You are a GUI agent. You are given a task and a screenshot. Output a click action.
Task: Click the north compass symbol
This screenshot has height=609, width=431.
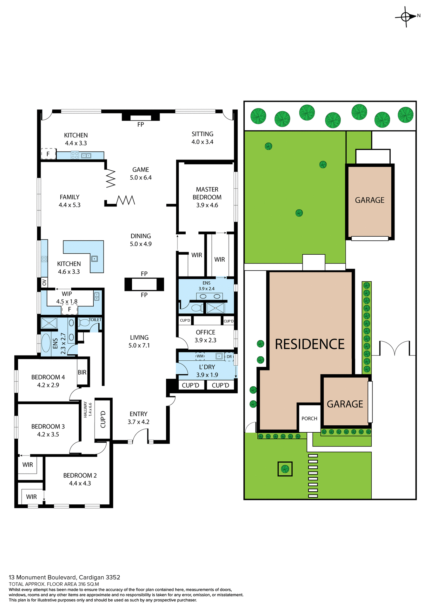(406, 16)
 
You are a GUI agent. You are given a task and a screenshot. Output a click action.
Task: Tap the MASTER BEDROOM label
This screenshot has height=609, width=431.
(207, 197)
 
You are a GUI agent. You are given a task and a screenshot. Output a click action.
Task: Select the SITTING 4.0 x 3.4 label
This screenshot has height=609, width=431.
(202, 138)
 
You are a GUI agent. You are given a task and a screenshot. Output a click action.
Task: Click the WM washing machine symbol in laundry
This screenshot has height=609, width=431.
(200, 356)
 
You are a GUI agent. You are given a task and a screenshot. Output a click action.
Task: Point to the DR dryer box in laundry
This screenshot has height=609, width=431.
(229, 357)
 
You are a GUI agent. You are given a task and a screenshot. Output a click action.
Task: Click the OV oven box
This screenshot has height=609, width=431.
(44, 282)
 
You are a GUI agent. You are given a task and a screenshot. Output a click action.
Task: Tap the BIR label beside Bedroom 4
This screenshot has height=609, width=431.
(82, 372)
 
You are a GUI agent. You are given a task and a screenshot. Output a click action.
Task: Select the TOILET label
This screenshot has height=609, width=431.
(95, 320)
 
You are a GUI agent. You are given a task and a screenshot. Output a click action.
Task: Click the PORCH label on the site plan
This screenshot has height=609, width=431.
(309, 418)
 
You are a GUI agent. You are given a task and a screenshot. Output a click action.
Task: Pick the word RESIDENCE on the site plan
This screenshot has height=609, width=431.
(310, 344)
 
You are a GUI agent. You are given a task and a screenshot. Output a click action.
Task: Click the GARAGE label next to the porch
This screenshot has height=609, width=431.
(345, 404)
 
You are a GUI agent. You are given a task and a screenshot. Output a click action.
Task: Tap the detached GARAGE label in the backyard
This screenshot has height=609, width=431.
(370, 200)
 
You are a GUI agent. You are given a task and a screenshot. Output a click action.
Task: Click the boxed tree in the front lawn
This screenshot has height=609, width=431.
(285, 468)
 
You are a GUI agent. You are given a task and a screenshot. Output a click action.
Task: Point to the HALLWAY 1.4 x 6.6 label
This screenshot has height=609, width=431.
(88, 409)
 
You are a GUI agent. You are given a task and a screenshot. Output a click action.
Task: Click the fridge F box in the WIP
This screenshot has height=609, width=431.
(70, 309)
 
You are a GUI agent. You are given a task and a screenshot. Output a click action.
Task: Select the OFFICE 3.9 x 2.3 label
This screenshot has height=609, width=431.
(205, 336)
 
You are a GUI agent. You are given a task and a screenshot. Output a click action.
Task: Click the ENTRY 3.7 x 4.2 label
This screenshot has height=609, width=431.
(138, 418)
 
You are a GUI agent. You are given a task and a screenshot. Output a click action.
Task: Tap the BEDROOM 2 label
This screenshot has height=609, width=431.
(80, 479)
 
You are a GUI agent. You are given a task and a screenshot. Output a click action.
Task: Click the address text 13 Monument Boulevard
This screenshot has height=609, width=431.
(64, 577)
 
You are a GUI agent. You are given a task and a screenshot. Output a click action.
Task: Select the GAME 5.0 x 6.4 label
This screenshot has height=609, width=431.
(141, 174)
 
